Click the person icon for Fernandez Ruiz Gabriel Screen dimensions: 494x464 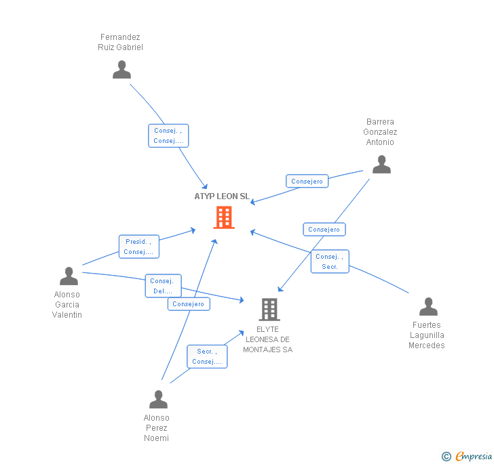pyautogui.click(x=121, y=70)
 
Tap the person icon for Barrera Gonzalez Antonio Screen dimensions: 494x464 pyautogui.click(x=381, y=165)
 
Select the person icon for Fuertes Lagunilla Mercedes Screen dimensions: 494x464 pyautogui.click(x=428, y=307)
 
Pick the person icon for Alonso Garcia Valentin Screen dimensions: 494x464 pyautogui.click(x=69, y=276)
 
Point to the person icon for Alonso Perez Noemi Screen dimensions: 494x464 pyautogui.click(x=158, y=399)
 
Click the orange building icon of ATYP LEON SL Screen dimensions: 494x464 pyautogui.click(x=224, y=217)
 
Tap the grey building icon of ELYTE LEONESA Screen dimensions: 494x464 pyautogui.click(x=269, y=310)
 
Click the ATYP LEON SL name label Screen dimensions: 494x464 pyautogui.click(x=222, y=196)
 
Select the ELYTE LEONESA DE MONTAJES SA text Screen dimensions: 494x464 pyautogui.click(x=268, y=339)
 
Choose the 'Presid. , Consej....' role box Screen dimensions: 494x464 pyautogui.click(x=139, y=247)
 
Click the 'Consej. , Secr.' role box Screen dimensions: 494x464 pyautogui.click(x=330, y=261)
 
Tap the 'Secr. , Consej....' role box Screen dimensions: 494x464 pyautogui.click(x=207, y=356)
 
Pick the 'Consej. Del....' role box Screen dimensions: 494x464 pyautogui.click(x=163, y=286)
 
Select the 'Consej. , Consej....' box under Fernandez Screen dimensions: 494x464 pyautogui.click(x=168, y=135)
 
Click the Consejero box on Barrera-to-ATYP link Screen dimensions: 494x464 pyautogui.click(x=307, y=182)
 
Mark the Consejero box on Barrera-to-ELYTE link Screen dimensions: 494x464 pyautogui.click(x=324, y=230)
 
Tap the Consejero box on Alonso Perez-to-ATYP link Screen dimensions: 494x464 pyautogui.click(x=189, y=304)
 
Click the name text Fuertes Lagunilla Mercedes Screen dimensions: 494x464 pyautogui.click(x=427, y=335)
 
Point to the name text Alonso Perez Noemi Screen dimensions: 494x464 pyautogui.click(x=157, y=427)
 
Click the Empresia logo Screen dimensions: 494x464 pyautogui.click(x=467, y=457)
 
